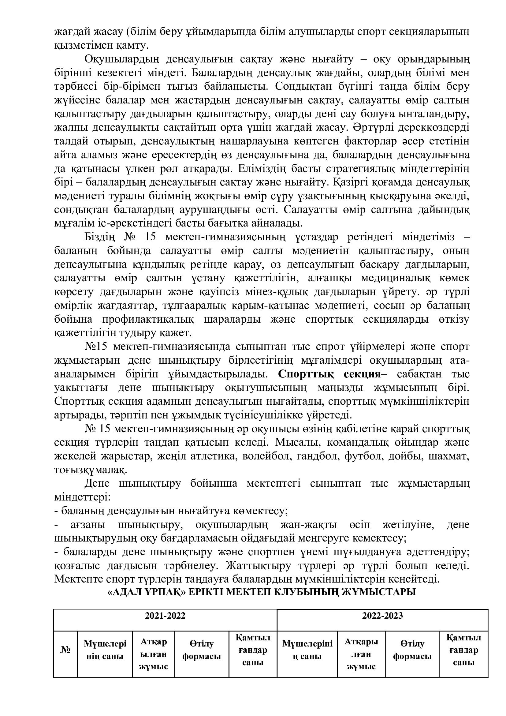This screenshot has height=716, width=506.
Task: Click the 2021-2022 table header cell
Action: [165, 616]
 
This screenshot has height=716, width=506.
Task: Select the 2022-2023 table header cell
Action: [382, 616]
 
